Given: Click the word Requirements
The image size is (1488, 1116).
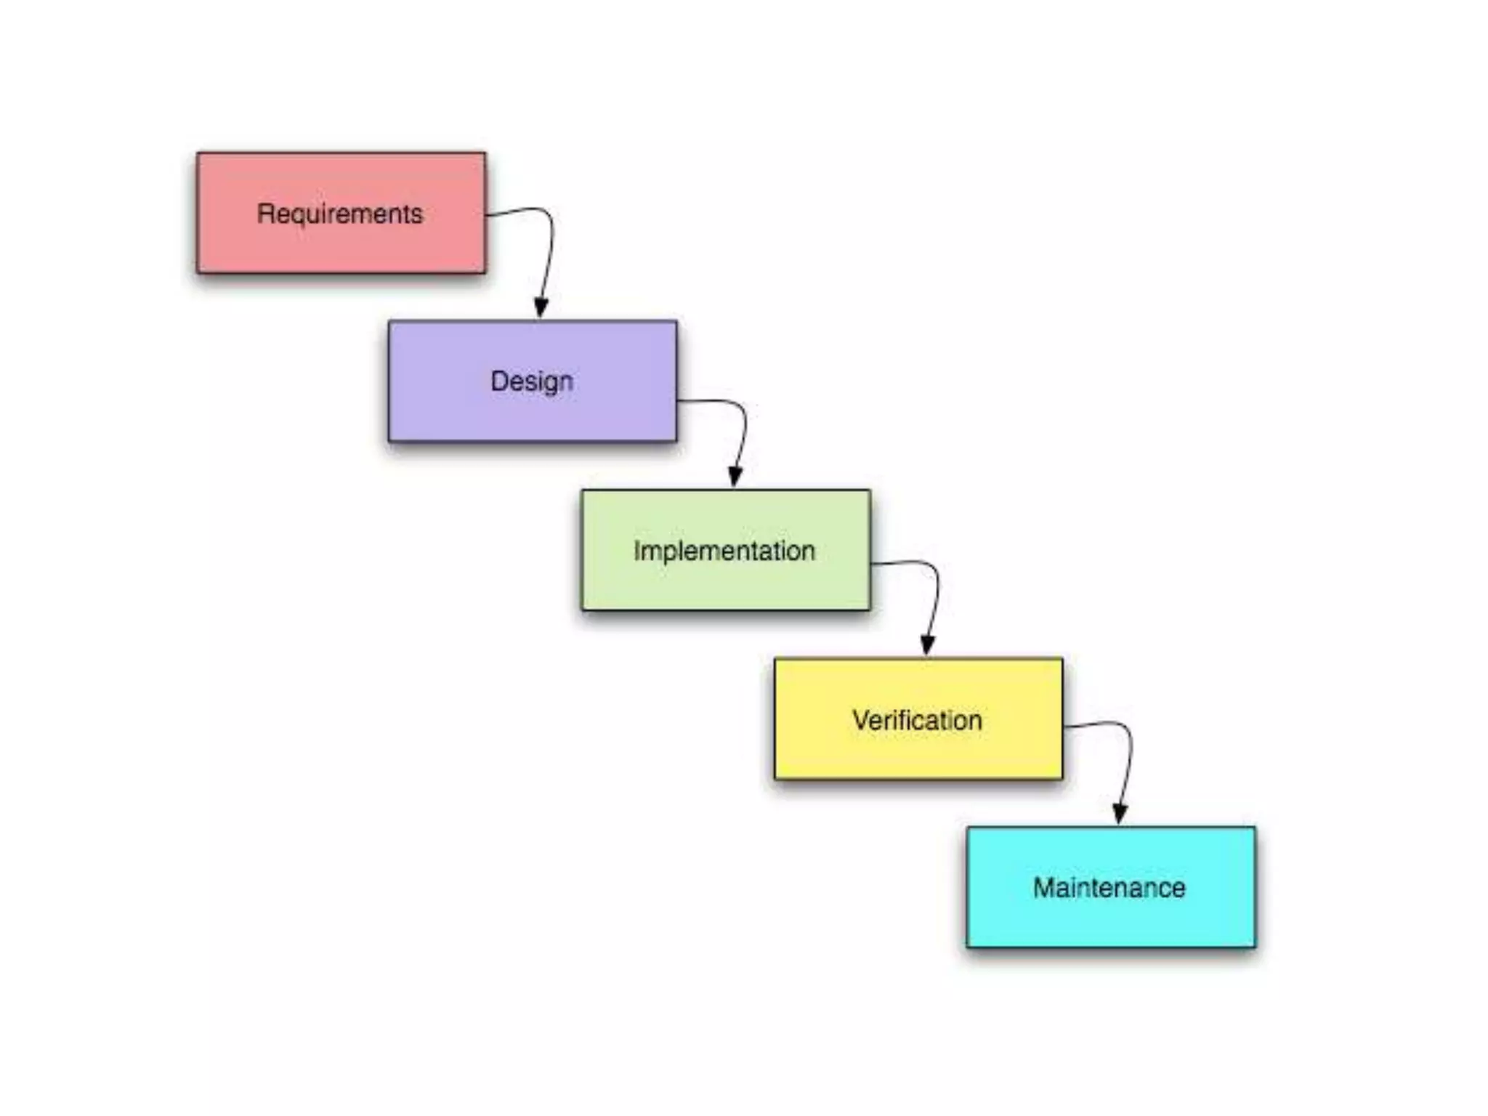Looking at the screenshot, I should click(340, 214).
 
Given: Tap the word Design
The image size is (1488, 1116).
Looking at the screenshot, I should click(532, 381).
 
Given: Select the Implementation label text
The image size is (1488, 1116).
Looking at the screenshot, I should click(724, 551).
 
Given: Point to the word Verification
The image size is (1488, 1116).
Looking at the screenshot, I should click(917, 720).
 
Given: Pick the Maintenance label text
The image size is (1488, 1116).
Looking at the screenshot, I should click(1109, 888).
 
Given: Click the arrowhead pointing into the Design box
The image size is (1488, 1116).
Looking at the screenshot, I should click(541, 308).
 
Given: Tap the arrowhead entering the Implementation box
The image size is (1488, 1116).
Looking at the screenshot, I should click(735, 477).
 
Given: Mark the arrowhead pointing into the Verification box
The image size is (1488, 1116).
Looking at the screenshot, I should click(928, 645).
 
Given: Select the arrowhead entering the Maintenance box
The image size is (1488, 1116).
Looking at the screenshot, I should click(1120, 814).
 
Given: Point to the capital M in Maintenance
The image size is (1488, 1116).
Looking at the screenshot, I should click(1043, 888).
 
